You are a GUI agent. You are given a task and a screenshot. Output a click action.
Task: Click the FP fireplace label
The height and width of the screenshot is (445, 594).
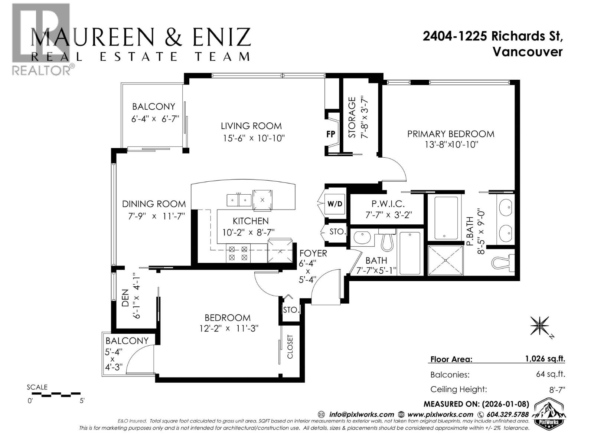pos(330,134)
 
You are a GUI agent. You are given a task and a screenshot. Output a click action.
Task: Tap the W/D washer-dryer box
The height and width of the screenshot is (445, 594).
pos(334,204)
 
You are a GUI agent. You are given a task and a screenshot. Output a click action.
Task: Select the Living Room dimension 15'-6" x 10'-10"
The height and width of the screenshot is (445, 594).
pos(254,138)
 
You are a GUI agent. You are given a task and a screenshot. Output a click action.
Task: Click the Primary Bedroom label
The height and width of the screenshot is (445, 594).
pos(451,134)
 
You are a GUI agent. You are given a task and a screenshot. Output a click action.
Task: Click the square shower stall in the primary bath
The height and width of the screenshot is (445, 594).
pos(445,260)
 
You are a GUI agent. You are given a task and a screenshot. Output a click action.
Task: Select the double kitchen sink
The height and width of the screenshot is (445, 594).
pos(239,200)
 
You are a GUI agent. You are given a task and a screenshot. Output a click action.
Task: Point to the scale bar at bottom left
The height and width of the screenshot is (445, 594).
pos(56,394)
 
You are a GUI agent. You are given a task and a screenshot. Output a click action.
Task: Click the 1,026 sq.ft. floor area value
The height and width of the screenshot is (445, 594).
pos(545,359)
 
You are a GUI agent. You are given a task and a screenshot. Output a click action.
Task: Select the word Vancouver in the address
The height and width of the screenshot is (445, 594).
pos(527,52)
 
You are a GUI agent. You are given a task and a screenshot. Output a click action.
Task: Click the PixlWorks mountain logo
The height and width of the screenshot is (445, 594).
pos(549,414)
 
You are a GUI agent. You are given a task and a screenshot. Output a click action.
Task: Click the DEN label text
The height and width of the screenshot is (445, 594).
pos(125,298)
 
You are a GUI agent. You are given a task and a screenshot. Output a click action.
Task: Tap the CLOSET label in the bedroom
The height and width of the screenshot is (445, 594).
pos(290,347)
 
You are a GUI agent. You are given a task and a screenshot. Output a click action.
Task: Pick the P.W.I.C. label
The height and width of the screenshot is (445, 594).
pos(388,204)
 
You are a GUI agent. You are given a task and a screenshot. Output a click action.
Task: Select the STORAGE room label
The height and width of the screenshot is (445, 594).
pos(352,117)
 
